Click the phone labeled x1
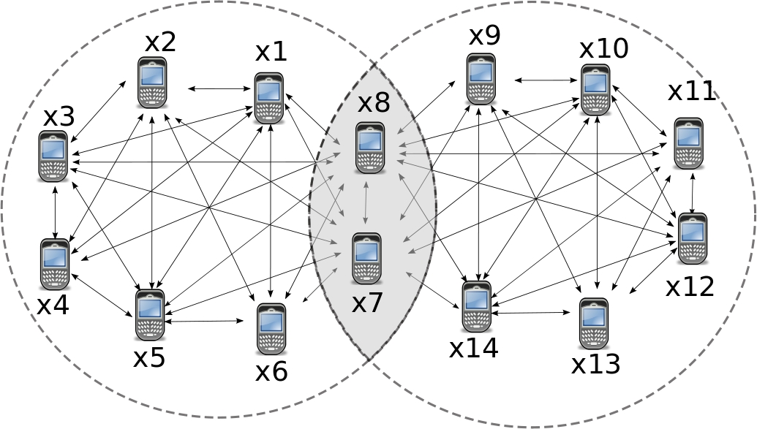point(268,98)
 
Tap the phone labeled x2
point(152,83)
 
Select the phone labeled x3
point(53,156)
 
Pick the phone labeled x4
point(55,264)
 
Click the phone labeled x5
point(150,314)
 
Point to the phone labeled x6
point(271,329)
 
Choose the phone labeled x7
point(366,259)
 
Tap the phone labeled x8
point(370,148)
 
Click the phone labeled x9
point(481,79)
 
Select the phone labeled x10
point(595,90)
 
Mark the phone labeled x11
point(688,143)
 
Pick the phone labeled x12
point(692,238)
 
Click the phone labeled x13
point(593,323)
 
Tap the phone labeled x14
point(477,305)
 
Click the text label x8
point(373,103)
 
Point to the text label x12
point(690,286)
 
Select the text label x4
point(53,304)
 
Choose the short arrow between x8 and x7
point(367,200)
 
